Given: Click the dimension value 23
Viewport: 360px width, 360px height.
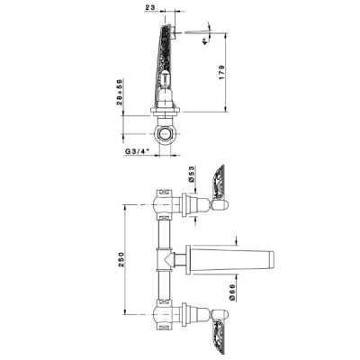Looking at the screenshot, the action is [x=150, y=7].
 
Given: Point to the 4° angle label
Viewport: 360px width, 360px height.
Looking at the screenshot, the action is [x=205, y=41].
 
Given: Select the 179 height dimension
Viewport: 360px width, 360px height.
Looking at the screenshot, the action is [x=221, y=72].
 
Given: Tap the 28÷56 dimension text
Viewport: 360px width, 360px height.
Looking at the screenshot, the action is [x=120, y=92].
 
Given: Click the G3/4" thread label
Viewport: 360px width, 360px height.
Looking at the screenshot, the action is [x=137, y=151].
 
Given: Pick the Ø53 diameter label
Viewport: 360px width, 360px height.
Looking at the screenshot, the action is [x=192, y=174].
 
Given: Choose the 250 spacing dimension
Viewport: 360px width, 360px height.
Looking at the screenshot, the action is [x=121, y=260].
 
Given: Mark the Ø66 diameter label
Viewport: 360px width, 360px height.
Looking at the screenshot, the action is [x=235, y=292].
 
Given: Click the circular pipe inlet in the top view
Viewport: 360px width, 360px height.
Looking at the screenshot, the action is [x=165, y=133].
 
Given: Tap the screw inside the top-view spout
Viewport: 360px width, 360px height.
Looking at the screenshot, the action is [x=165, y=78].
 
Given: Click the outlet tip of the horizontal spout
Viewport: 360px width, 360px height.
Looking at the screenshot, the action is [x=272, y=259].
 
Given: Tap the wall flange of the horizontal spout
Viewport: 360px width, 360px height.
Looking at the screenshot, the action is [x=188, y=259].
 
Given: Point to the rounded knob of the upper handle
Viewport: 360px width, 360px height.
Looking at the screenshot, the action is [x=220, y=205].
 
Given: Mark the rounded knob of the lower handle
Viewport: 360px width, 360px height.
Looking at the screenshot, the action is [x=220, y=314].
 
